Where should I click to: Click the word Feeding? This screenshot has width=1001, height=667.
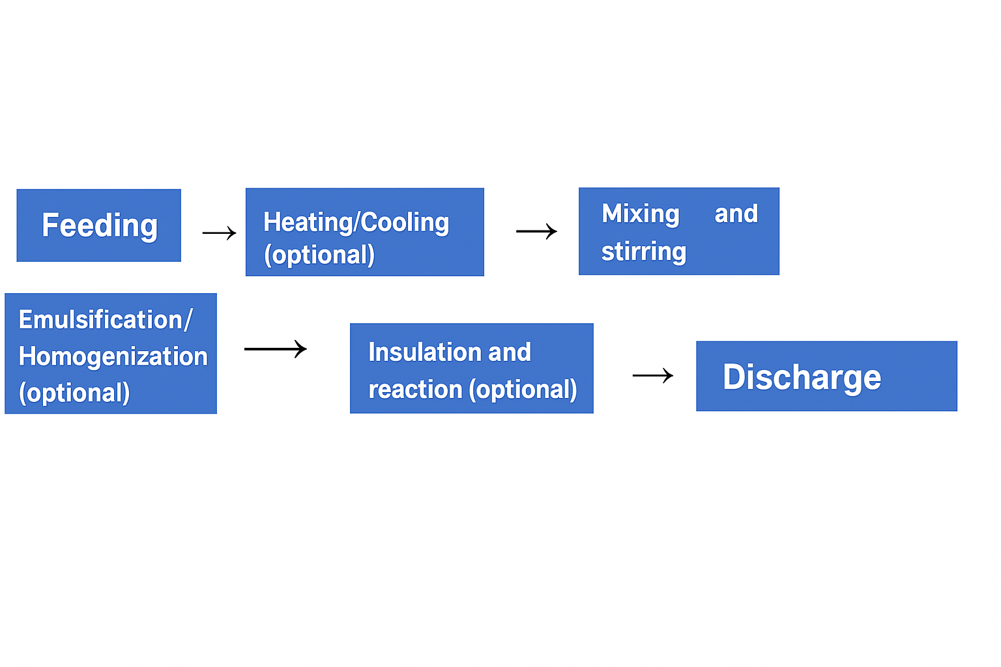pos(100,226)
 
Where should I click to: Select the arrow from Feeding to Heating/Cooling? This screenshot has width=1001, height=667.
pos(219,233)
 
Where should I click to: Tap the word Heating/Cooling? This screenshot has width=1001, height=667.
pos(356,223)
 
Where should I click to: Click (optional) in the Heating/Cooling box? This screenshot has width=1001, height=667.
pos(319,255)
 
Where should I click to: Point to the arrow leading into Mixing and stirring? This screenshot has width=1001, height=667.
pos(536,231)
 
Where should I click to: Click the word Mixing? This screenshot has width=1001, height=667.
pos(640,214)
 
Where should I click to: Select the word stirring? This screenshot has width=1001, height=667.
pos(643,252)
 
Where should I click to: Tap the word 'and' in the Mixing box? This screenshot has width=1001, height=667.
pos(736,214)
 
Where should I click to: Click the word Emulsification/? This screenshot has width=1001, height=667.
pos(106,320)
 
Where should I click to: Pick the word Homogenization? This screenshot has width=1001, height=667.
pos(113,357)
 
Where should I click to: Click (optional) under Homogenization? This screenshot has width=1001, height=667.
pos(74,393)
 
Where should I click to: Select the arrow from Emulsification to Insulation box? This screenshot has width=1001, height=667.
pos(275,349)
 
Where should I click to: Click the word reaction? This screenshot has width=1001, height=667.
pos(415,390)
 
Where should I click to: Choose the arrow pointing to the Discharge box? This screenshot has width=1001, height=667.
pos(652,376)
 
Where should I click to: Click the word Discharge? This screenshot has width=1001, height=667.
pos(802,377)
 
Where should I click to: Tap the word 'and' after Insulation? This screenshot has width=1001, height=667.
pos(510,352)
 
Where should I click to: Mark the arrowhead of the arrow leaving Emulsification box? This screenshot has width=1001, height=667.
pos(302,349)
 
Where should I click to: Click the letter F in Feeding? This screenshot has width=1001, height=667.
pos(50,225)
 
